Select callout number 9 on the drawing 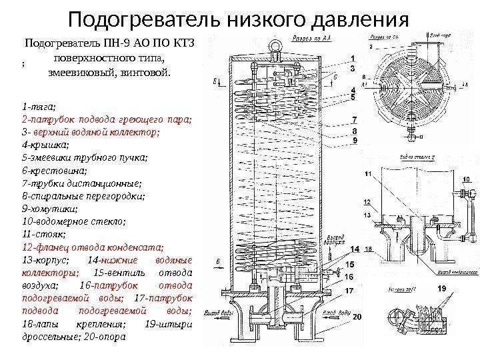[x=355, y=141]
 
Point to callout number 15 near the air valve [x=349, y=265]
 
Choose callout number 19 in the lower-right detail [x=441, y=289]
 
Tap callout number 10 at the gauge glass [x=466, y=179]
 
